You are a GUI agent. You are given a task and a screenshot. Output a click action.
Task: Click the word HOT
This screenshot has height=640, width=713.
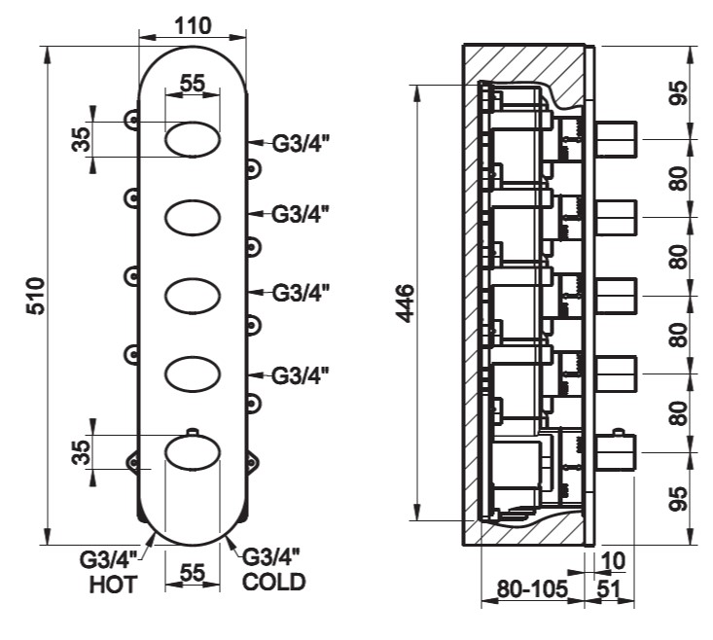click(114, 584)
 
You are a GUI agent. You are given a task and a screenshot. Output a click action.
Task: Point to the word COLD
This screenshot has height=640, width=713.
click(274, 583)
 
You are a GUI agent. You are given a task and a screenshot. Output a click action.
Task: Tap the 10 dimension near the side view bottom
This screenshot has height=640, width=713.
click(614, 561)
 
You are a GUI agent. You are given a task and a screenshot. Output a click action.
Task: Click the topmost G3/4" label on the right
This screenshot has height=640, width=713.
click(301, 144)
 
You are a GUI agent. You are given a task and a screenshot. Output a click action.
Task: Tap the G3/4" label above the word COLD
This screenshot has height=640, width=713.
click(270, 558)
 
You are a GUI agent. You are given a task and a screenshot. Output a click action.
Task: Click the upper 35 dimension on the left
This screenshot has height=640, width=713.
click(81, 140)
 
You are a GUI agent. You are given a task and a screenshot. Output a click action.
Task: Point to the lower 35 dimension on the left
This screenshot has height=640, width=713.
click(81, 451)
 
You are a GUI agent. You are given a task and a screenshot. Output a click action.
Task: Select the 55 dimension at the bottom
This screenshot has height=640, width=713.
click(192, 576)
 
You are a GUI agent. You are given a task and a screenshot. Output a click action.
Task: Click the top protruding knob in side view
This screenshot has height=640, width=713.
click(615, 139)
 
